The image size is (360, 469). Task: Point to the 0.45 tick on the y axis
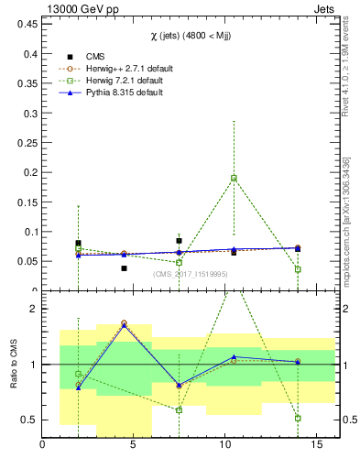click(x=27, y=25)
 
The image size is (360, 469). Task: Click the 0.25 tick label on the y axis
click(x=27, y=143)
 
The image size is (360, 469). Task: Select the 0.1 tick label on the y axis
click(x=29, y=232)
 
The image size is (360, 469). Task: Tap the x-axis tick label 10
click(x=225, y=446)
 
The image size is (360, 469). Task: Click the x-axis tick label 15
click(x=316, y=446)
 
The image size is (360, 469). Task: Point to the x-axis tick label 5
click(x=134, y=446)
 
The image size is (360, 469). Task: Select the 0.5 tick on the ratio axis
click(x=27, y=420)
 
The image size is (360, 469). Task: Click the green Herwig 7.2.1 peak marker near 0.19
click(x=235, y=178)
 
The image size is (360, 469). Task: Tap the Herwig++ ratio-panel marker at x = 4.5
click(x=124, y=323)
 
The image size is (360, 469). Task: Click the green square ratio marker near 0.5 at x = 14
click(x=299, y=418)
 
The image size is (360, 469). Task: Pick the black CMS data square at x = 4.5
click(x=124, y=268)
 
